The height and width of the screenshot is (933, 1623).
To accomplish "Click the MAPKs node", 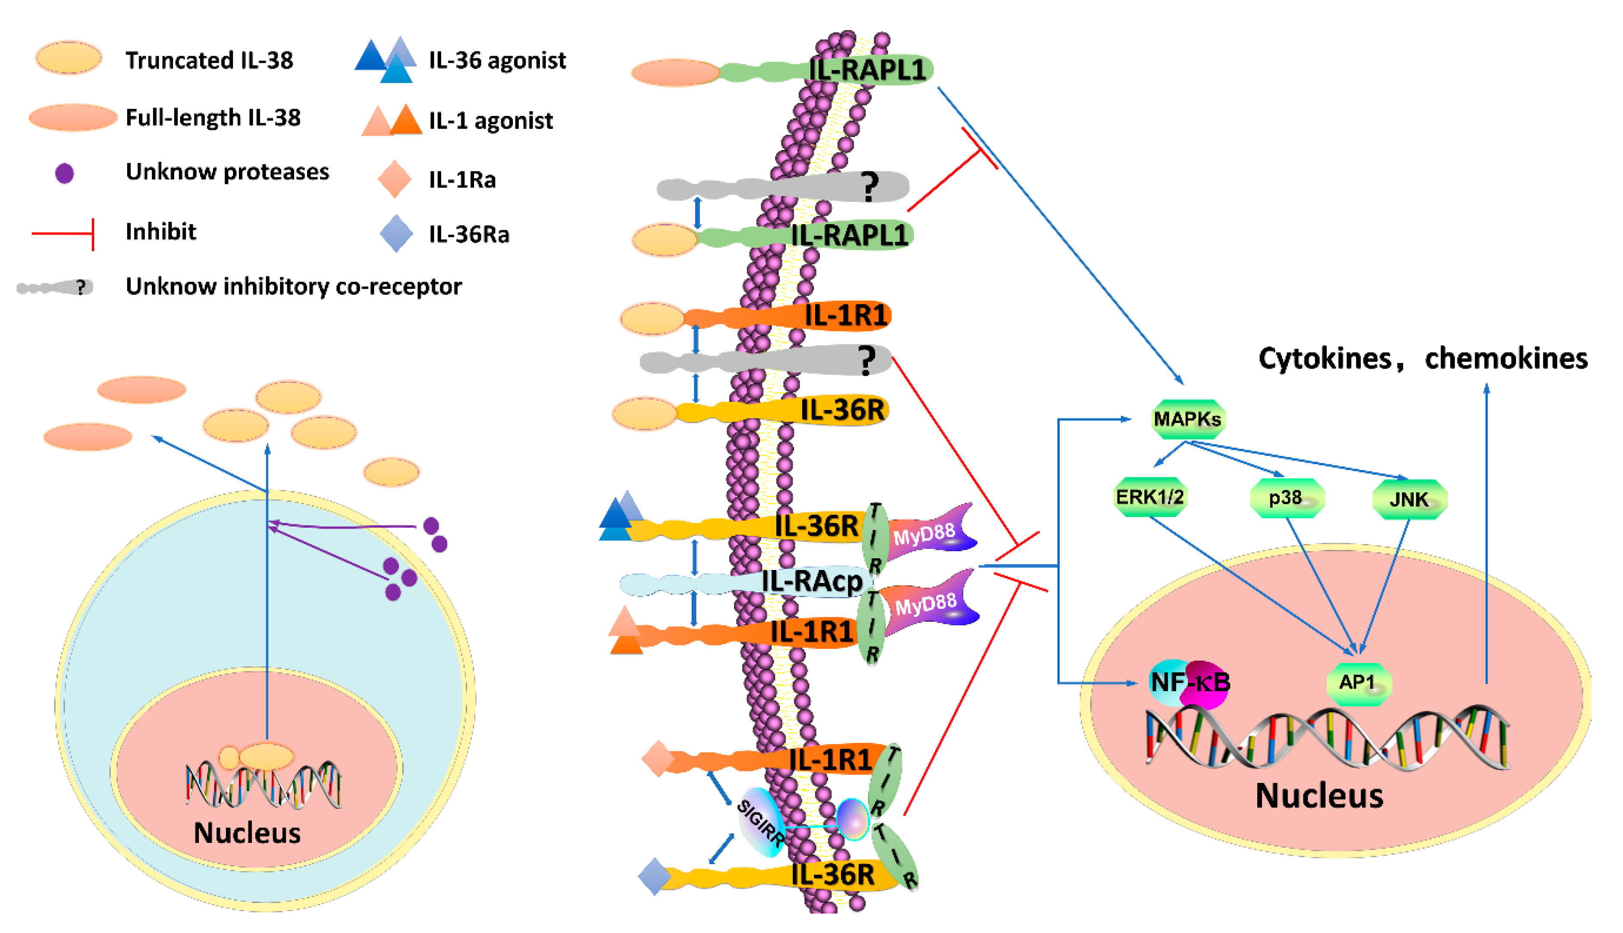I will pyautogui.click(x=1187, y=419).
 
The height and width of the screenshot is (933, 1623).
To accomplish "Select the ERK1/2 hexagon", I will pyautogui.click(x=1150, y=497).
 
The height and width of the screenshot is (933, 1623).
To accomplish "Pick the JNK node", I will pyautogui.click(x=1409, y=499).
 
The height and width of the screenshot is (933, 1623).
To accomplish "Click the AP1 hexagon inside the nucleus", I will pyautogui.click(x=1358, y=683).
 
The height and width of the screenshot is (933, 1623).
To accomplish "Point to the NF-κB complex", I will pyautogui.click(x=1190, y=683).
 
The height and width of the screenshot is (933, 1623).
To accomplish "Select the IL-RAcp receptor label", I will pyautogui.click(x=812, y=582).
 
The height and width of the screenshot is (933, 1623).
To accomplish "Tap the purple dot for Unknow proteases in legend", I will pyautogui.click(x=65, y=173).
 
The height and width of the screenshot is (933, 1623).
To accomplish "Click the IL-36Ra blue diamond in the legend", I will pyautogui.click(x=396, y=233).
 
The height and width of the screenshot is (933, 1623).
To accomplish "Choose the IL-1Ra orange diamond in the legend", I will pyautogui.click(x=395, y=179).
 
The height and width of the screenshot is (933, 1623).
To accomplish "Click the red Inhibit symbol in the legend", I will pyautogui.click(x=64, y=233).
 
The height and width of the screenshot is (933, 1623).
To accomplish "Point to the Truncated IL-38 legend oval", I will pyautogui.click(x=69, y=58).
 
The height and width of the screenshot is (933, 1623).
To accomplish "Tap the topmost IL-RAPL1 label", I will pyautogui.click(x=868, y=69).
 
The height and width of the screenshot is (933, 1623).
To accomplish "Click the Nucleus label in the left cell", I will pyautogui.click(x=247, y=833).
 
